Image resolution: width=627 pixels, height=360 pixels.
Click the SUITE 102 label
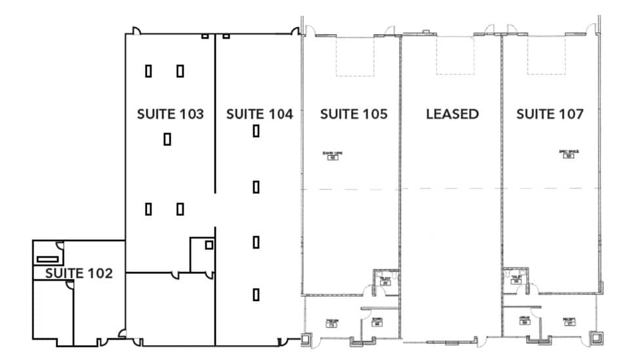(79, 273)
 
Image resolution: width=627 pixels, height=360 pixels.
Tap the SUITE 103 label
(170, 114)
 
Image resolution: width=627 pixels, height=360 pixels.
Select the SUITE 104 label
(259, 114)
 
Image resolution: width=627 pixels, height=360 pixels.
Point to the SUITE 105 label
(354, 114)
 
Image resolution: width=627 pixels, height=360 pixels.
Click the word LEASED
(452, 114)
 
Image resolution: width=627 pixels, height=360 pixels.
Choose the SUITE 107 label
(550, 114)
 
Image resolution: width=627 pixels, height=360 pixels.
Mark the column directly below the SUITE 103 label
(167, 139)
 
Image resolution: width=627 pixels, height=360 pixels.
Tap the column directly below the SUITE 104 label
(256, 131)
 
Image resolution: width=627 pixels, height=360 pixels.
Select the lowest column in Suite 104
(256, 295)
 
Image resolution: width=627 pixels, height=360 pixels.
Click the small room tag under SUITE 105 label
(333, 155)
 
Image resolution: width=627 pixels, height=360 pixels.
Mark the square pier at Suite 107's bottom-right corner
(597, 338)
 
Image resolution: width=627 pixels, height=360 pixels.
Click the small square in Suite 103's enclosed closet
(209, 245)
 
